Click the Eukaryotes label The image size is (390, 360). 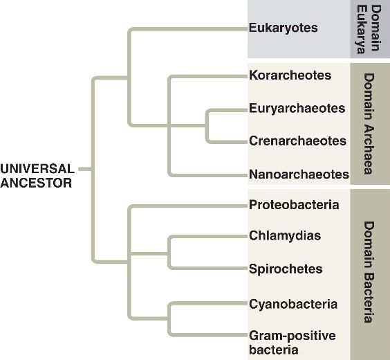pyautogui.click(x=283, y=28)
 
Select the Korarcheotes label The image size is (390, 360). pyautogui.click(x=290, y=75)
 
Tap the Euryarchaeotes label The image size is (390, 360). pyautogui.click(x=297, y=109)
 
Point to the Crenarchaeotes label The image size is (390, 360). pyautogui.click(x=297, y=141)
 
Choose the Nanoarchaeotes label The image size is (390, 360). pyautogui.click(x=299, y=174)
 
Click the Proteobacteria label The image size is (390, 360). pyautogui.click(x=294, y=205)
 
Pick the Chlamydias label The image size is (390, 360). pyautogui.click(x=285, y=236)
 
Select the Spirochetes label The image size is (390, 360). pyautogui.click(x=286, y=269)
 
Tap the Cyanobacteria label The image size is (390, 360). pyautogui.click(x=293, y=304)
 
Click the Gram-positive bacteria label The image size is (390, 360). pyautogui.click(x=292, y=343)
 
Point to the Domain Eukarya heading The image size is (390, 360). pyautogui.click(x=369, y=29)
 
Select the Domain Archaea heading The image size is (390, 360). pyautogui.click(x=369, y=124)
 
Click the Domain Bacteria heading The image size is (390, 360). pyautogui.click(x=369, y=272)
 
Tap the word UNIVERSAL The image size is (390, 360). pyautogui.click(x=37, y=169)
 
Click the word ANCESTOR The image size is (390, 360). pyautogui.click(x=36, y=183)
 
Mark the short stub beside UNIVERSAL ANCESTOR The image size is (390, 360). pyautogui.click(x=85, y=170)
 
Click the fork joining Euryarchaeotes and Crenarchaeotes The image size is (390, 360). pyautogui.click(x=207, y=126)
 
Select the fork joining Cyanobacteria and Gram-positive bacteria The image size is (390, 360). pyautogui.click(x=169, y=318)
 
